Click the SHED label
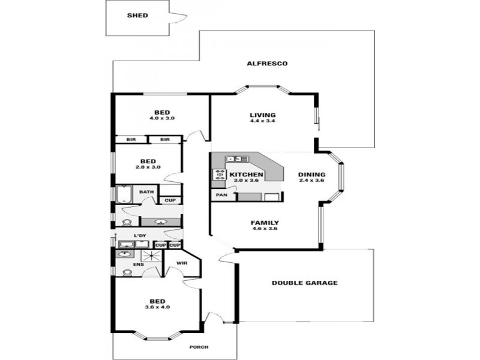[x=137, y=16]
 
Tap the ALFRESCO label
[x=268, y=64]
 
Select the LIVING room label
[x=263, y=115]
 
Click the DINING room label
[x=311, y=175]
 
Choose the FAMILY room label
[x=265, y=223]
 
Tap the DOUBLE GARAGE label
[x=305, y=283]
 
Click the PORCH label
[x=198, y=347]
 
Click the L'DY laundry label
[x=140, y=235]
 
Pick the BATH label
[x=146, y=192]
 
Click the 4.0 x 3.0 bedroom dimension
[x=162, y=118]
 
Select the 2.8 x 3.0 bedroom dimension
[x=148, y=167]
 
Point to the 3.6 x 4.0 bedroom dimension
[x=158, y=307]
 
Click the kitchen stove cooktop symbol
[x=217, y=175]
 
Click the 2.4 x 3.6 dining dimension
[x=311, y=181]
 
